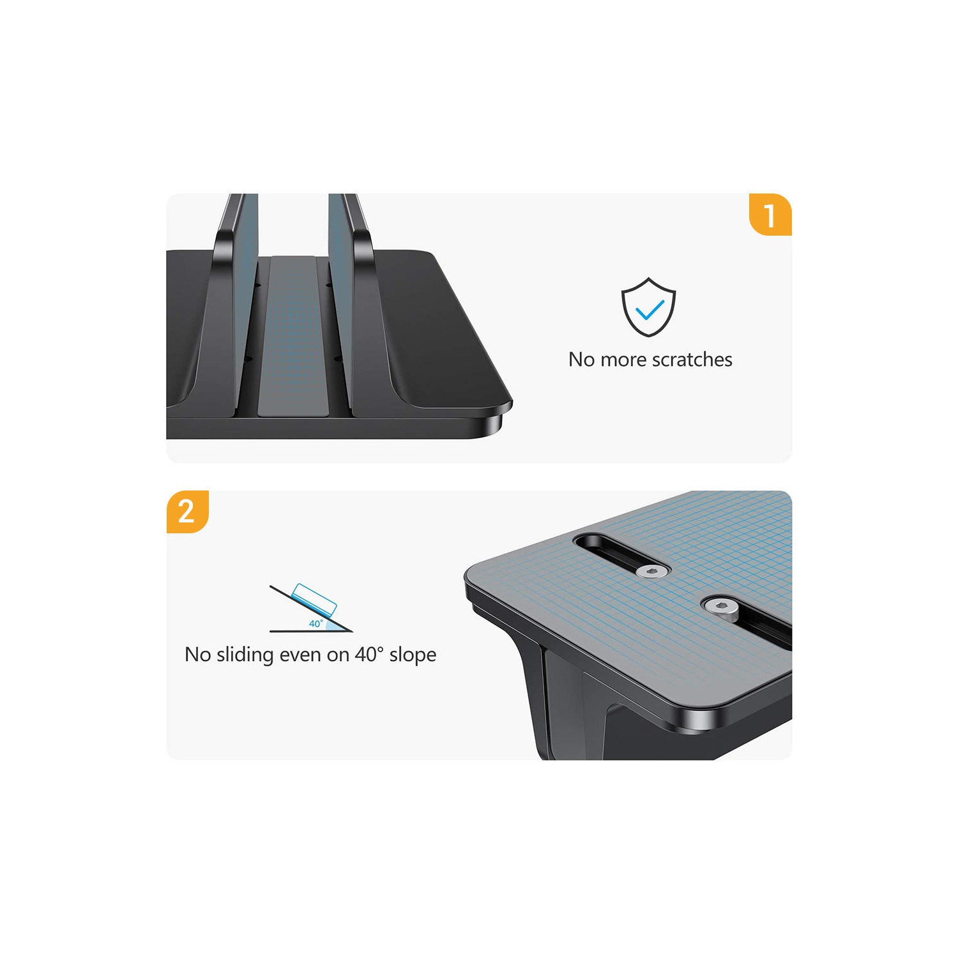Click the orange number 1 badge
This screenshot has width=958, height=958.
coord(770,215)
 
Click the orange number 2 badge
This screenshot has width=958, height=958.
coord(186,512)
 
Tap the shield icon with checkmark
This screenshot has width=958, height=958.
coord(648,307)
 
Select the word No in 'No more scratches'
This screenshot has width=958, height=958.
coord(581,360)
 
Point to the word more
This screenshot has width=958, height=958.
coord(623,360)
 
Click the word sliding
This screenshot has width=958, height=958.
coord(245,655)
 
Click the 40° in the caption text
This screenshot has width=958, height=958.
coord(370,654)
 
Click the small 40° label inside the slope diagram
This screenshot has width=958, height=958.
coord(316,623)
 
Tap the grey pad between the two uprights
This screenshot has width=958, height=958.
coord(293,338)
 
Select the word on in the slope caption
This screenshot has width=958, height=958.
coord(338,655)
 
